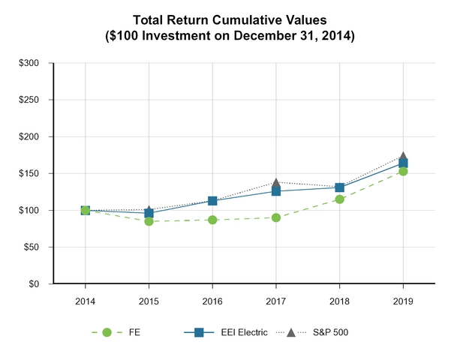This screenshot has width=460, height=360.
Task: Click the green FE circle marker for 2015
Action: (x=149, y=221)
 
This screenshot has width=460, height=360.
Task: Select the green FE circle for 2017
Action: (x=276, y=217)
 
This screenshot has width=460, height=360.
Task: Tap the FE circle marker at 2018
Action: (x=340, y=199)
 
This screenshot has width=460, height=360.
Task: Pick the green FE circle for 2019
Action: (x=403, y=171)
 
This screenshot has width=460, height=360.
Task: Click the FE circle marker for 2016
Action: (x=212, y=220)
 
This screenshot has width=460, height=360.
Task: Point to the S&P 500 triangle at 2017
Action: (x=276, y=182)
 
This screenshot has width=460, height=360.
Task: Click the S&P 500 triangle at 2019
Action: (x=403, y=157)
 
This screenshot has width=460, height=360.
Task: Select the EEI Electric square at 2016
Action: (x=212, y=201)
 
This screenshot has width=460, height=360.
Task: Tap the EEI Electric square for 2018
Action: (x=340, y=187)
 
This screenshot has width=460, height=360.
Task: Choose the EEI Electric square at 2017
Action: (x=276, y=191)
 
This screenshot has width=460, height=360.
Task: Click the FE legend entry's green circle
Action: (x=107, y=332)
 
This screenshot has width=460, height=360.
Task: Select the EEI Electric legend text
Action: (x=242, y=332)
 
